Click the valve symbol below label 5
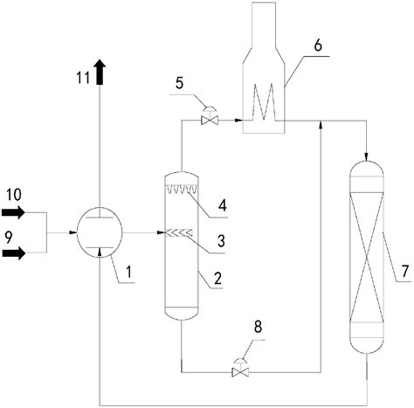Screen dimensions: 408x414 [x=209, y=117]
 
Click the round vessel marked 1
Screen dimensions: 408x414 [x=100, y=234]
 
